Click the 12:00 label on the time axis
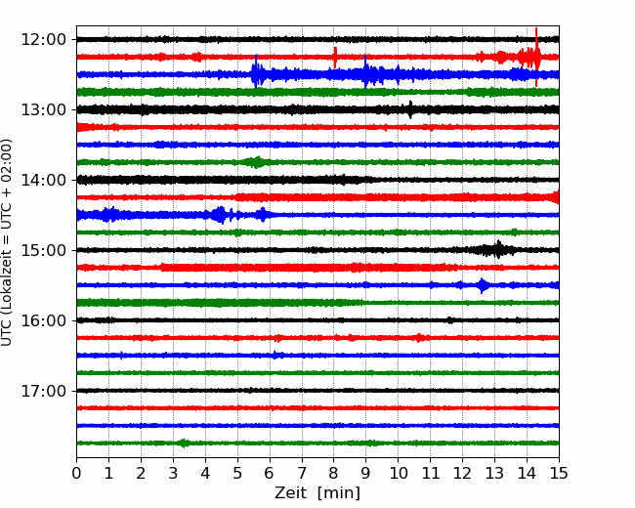[x=43, y=40]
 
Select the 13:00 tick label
[x=43, y=109]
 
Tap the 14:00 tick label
[x=43, y=180]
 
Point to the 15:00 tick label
[x=43, y=250]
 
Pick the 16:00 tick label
[x=43, y=320]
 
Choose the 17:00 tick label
[x=43, y=391]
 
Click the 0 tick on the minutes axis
[x=76, y=473]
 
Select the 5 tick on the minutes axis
[x=237, y=473]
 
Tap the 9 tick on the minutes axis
[x=366, y=473]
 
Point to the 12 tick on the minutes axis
[x=462, y=473]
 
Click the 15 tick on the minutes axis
[x=559, y=473]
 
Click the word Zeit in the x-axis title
[x=292, y=492]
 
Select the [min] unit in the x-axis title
[x=339, y=493]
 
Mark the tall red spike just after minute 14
[x=536, y=57]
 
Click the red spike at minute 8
[x=335, y=57]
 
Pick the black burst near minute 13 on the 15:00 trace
[x=497, y=249]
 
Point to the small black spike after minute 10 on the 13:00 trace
[x=410, y=109]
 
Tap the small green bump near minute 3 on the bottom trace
[x=184, y=443]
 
